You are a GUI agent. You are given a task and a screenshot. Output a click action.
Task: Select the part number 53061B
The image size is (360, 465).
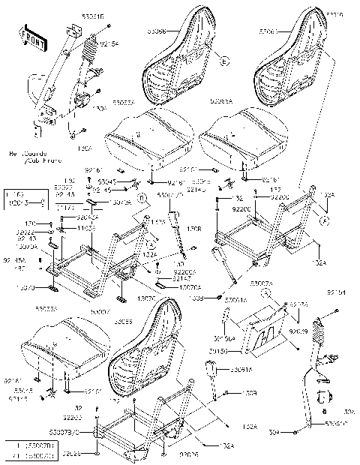[70, 16]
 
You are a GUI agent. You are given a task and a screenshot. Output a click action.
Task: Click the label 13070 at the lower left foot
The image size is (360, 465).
[25, 287]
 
